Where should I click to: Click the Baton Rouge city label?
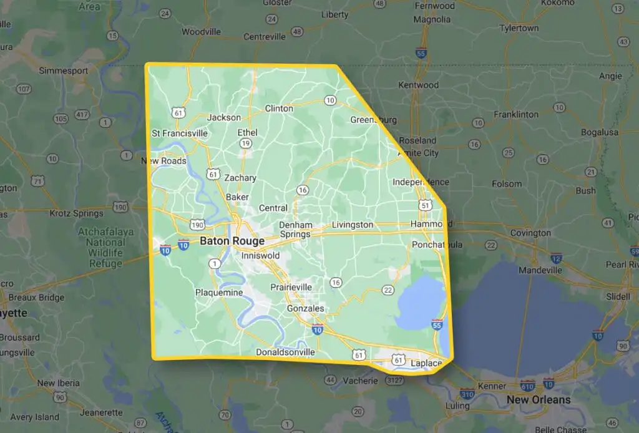pos(232,241)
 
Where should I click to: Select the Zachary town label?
pos(240,178)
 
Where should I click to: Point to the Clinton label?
pos(279,109)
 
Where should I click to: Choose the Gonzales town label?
pos(305,308)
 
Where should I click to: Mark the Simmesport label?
pos(64,71)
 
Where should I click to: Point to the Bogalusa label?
pos(581,133)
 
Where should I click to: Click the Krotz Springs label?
pos(76,213)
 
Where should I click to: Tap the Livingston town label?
pos(352,225)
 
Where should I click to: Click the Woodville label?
pos(202,31)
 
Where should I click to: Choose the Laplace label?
pos(426,362)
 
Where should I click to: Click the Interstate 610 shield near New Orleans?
pos(527,384)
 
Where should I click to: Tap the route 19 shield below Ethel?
pos(246,144)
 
